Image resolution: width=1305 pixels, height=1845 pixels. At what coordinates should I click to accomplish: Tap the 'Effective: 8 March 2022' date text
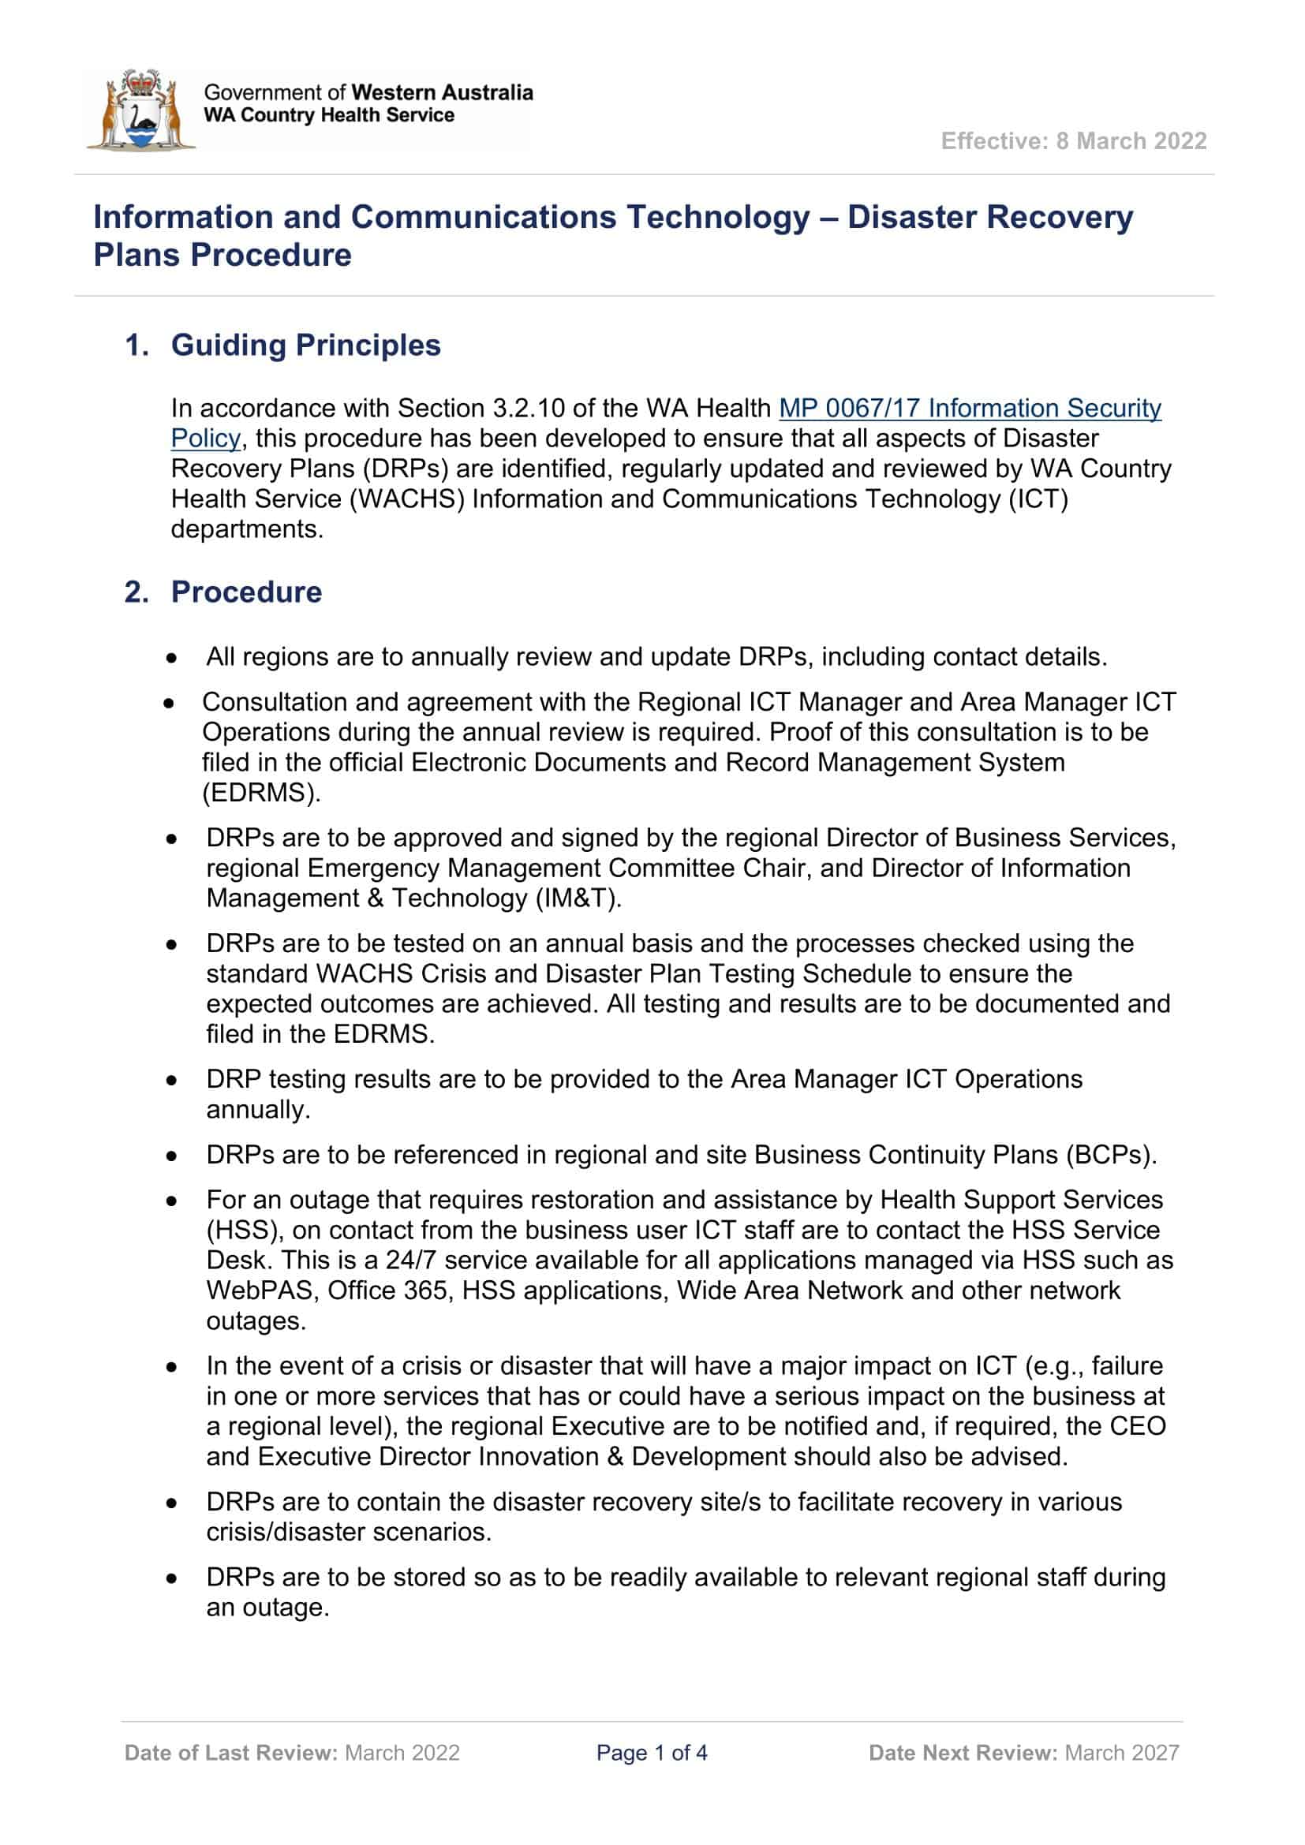tap(1074, 141)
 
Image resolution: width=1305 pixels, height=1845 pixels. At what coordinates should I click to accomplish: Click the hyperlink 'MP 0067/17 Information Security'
tap(970, 409)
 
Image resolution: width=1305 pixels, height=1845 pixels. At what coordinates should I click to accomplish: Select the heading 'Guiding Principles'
tap(305, 345)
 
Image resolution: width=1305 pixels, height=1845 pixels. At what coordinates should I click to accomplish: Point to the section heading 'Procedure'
tap(246, 592)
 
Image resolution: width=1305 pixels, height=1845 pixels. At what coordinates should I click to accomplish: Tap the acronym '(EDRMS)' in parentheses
tap(261, 793)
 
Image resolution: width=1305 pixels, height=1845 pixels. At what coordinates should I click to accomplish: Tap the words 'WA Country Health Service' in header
tap(329, 116)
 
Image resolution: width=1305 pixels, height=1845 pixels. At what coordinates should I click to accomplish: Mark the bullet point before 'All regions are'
tap(171, 658)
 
